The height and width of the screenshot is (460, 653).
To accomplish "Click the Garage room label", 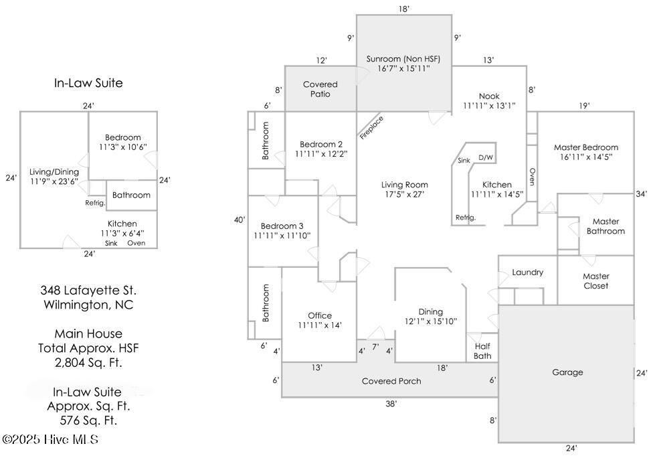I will click(567, 372).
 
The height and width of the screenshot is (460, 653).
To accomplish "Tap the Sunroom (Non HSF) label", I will click(403, 59).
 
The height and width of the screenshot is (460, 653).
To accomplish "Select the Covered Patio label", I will click(320, 89).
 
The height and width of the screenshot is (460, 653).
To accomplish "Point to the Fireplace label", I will click(370, 127).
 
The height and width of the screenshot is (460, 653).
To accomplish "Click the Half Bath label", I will click(482, 351).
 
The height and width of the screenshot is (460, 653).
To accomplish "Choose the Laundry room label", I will click(527, 273).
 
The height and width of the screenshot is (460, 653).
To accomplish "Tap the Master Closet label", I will click(595, 281).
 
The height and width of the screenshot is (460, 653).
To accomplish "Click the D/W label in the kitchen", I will click(486, 158).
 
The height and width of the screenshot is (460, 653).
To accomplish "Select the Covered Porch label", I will click(391, 381).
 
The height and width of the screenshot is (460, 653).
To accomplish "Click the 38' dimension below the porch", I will click(391, 404).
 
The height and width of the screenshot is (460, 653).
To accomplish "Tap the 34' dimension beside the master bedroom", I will click(641, 194).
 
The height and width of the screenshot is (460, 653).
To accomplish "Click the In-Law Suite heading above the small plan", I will click(88, 84).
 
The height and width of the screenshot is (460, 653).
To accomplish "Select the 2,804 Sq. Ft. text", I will click(88, 363).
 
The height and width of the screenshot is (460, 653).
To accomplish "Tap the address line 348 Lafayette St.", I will click(88, 291).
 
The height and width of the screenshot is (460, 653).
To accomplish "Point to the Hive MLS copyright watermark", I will click(50, 440).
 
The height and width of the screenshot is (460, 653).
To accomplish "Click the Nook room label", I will click(489, 96).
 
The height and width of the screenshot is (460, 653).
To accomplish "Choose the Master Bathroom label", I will click(605, 226).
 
